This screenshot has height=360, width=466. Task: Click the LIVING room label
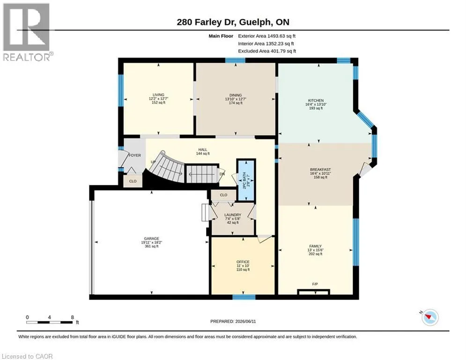pyautogui.click(x=158, y=95)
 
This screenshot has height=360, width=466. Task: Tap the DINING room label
pyautogui.click(x=236, y=95)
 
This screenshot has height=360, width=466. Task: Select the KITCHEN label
pyautogui.click(x=316, y=101)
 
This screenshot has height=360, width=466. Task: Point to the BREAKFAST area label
pyautogui.click(x=320, y=170)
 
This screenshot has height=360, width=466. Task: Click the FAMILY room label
pyautogui.click(x=315, y=246)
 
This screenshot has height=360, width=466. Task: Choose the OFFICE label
pyautogui.click(x=243, y=262)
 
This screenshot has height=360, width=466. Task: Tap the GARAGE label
pyautogui.click(x=152, y=239)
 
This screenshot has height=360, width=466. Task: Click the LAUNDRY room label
pyautogui.click(x=233, y=215)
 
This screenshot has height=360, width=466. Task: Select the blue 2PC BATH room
pyautogui.click(x=246, y=180)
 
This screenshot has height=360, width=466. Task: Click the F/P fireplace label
pyautogui.click(x=315, y=284)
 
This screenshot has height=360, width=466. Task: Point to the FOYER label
pyautogui.click(x=135, y=155)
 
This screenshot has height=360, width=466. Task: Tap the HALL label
pyautogui.click(x=203, y=150)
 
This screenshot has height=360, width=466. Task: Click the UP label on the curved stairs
pyautogui.click(x=153, y=162)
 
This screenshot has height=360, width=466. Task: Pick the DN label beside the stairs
pyautogui.click(x=222, y=174)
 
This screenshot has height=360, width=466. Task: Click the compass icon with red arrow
pyautogui.click(x=430, y=317)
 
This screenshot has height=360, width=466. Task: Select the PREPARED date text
pyautogui.click(x=233, y=321)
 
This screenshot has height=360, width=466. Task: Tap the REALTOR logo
pyautogui.click(x=27, y=32)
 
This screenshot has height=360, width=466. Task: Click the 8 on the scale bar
pyautogui.click(x=72, y=317)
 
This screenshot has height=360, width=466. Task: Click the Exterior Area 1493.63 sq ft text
pyautogui.click(x=267, y=36)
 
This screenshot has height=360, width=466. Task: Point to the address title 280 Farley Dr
pyautogui.click(x=206, y=22)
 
